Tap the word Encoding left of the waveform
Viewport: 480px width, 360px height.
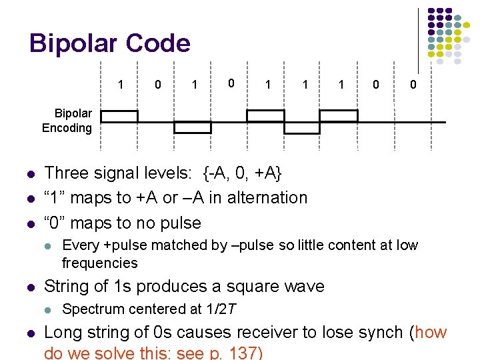pos(67,128)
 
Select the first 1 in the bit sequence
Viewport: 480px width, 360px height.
pos(120,85)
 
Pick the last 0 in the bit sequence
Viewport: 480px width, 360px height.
pos(413,85)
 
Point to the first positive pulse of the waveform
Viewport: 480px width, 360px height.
pos(119,115)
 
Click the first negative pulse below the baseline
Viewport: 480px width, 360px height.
pos(193,127)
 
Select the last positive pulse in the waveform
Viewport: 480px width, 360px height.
pos(339,115)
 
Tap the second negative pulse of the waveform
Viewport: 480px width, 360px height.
pos(303,127)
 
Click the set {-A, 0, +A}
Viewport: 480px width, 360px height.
pos(243,173)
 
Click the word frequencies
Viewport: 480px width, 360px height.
pos(100,263)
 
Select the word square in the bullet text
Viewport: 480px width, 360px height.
pos(243,287)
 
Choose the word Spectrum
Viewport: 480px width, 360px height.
pos(91,309)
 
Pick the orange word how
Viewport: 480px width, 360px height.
pos(431,332)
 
